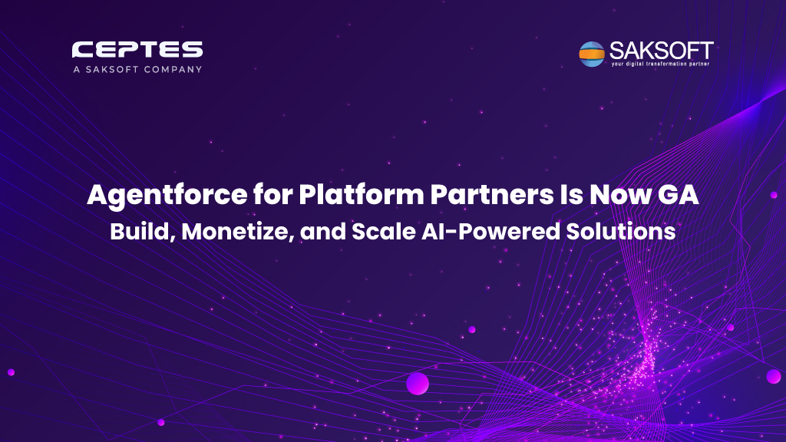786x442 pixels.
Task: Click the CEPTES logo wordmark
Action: coord(137,50)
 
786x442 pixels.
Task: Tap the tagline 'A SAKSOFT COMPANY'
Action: coord(137,69)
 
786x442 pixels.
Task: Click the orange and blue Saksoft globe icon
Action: coord(592,54)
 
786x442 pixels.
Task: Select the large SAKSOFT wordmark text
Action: coord(661,51)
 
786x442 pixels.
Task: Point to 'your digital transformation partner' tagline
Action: coord(660,64)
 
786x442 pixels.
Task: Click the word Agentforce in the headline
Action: coord(167,196)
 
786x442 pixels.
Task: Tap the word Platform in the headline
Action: coord(362,194)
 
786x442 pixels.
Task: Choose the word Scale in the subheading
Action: coord(384,232)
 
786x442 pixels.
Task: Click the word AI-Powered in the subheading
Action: coord(490,232)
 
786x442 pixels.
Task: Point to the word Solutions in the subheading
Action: coord(620,232)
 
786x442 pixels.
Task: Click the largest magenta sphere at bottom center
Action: coord(418,384)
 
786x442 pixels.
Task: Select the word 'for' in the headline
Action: coord(273,194)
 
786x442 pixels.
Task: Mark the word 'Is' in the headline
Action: coord(571,194)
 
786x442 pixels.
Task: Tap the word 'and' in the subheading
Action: coord(323,232)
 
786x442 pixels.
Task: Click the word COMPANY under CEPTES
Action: coord(173,69)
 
